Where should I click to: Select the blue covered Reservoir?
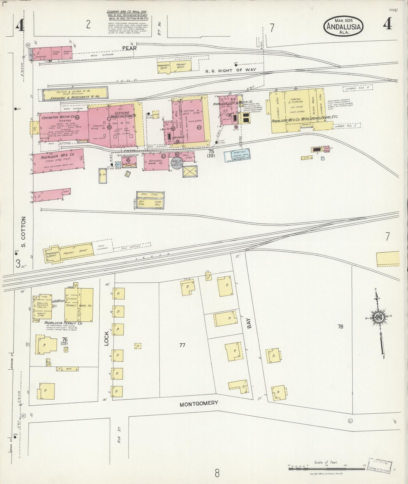pyautogui.click(x=237, y=154)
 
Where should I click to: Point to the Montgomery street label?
pyautogui.click(x=199, y=403)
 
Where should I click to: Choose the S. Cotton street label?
pyautogui.click(x=24, y=232)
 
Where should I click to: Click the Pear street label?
pyautogui.click(x=129, y=48)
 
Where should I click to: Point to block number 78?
pyautogui.click(x=340, y=326)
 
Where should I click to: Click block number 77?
pyautogui.click(x=182, y=345)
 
